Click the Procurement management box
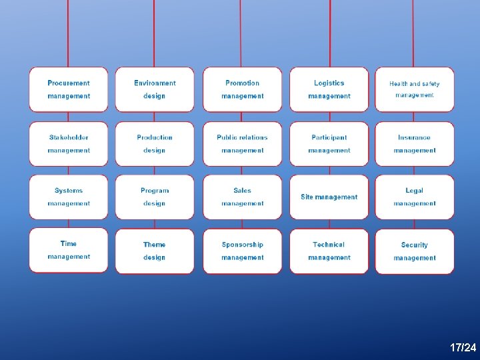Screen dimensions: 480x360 (69, 89)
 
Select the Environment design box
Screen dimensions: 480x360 (155, 89)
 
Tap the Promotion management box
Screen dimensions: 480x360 (242, 89)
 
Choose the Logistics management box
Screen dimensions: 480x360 (329, 89)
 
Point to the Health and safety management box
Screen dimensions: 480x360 (415, 89)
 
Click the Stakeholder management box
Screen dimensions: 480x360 (69, 144)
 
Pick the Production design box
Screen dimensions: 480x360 (155, 144)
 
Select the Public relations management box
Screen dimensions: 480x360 (242, 144)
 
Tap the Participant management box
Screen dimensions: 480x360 (329, 144)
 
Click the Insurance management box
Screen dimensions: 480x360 (415, 144)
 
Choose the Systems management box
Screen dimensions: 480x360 (69, 197)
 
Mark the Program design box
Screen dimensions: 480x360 (155, 197)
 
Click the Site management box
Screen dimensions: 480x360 (329, 197)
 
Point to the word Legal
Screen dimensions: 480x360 (415, 191)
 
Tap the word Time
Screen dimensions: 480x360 (69, 244)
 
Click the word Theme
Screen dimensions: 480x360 (155, 245)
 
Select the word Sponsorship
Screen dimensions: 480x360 (242, 245)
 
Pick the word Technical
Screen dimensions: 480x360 (329, 245)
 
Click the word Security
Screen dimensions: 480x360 (415, 245)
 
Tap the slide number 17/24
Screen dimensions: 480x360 (463, 348)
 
